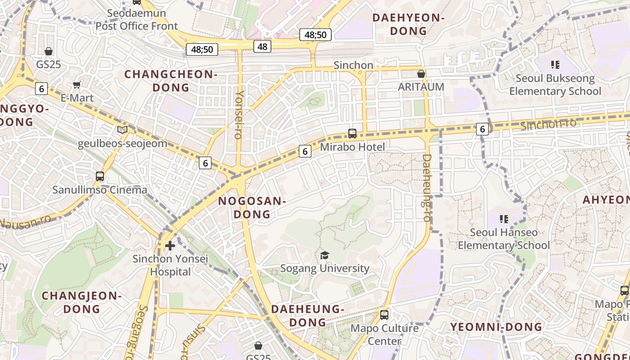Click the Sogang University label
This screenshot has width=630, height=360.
pos(324,268)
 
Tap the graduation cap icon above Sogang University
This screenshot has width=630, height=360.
pos(324,256)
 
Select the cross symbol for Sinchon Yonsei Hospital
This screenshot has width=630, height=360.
pos(170,246)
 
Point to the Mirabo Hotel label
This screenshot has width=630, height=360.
pos(352,147)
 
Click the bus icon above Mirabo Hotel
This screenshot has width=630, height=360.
pos(352,134)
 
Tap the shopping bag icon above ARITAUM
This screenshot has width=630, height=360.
pos(421,74)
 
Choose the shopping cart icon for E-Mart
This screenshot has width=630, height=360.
pos(77,85)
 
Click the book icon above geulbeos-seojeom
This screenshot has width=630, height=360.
pos(122,130)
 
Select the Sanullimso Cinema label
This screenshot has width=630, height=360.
pos(99,189)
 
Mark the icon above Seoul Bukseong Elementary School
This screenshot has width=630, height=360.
pos(555,65)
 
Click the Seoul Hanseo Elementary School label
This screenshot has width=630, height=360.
pos(504,239)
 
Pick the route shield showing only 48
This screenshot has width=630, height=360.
pos(262,46)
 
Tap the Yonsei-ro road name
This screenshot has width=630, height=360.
pos(239,114)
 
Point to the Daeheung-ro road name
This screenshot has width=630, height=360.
pos(427,188)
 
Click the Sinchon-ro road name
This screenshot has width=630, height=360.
pos(548,124)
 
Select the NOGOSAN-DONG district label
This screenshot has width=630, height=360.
pos(252,207)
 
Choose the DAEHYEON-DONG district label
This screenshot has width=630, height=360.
pos(408,24)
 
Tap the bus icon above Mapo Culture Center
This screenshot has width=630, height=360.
pos(384,315)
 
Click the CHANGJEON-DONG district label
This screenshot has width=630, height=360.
pos(81,302)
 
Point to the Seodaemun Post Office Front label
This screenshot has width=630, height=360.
pos(137,20)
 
